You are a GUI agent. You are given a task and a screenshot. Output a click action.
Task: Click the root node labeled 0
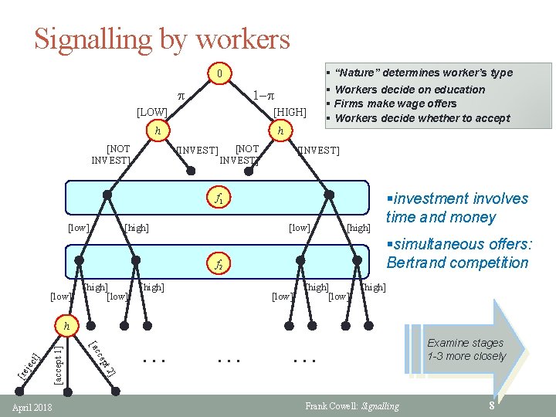coord(220,75)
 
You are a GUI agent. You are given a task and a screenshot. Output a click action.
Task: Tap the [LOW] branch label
coord(152,114)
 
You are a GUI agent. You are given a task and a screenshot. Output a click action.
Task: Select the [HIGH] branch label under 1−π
coord(290,114)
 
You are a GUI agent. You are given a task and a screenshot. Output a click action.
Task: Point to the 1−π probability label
coord(266,96)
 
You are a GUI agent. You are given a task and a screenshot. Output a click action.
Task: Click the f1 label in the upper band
coord(219,198)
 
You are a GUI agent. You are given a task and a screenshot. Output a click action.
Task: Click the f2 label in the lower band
coord(219,265)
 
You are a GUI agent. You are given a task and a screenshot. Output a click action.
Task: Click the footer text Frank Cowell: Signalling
coord(352,406)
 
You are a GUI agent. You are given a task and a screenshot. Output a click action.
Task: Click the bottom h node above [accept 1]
coord(67,326)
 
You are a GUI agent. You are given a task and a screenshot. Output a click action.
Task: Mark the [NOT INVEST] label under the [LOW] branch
coord(110,154)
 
